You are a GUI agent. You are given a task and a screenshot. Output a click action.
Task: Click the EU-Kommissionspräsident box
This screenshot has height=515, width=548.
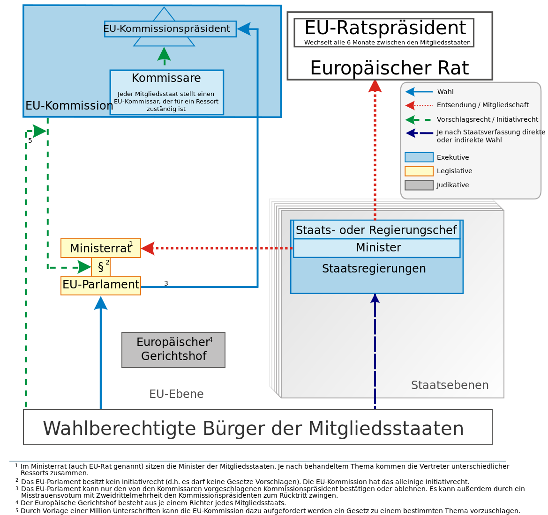(170, 29)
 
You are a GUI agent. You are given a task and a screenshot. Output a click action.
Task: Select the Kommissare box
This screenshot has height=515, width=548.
(166, 92)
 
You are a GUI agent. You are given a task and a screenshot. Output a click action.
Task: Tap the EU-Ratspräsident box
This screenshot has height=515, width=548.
(384, 32)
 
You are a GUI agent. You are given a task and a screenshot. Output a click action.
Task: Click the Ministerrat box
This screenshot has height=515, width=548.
(100, 248)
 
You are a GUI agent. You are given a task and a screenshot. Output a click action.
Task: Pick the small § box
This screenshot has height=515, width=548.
(101, 267)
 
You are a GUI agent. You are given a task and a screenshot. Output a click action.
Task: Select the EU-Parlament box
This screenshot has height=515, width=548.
(100, 285)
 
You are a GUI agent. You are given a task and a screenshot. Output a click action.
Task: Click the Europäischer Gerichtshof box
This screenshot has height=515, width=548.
(173, 350)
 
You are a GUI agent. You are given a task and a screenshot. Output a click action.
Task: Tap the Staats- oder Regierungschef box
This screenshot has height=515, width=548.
(376, 230)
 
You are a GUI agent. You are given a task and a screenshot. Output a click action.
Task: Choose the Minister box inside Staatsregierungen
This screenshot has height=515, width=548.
(376, 248)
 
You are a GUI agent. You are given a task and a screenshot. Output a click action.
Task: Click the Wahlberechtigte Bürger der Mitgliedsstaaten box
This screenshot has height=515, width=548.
(257, 427)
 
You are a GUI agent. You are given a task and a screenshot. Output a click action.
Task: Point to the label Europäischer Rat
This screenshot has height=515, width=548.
(389, 68)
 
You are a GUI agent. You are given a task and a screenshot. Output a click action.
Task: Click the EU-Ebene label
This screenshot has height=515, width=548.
(176, 394)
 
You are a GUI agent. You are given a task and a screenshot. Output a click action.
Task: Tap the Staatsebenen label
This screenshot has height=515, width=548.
(450, 385)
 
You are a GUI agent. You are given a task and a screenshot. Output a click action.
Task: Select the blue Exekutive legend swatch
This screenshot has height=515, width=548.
(419, 157)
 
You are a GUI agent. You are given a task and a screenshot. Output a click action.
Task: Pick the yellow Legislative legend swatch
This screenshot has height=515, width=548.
(419, 171)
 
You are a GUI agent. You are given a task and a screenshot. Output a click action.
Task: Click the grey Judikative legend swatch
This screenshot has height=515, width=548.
(419, 185)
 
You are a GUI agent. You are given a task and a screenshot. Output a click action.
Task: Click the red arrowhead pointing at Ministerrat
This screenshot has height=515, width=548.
(147, 248)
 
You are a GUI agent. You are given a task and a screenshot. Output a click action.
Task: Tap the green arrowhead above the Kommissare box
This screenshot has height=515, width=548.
(164, 54)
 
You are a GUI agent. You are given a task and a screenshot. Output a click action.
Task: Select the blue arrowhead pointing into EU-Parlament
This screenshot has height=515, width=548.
(101, 303)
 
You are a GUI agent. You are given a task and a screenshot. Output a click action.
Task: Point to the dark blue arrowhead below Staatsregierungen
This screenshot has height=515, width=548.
(375, 298)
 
